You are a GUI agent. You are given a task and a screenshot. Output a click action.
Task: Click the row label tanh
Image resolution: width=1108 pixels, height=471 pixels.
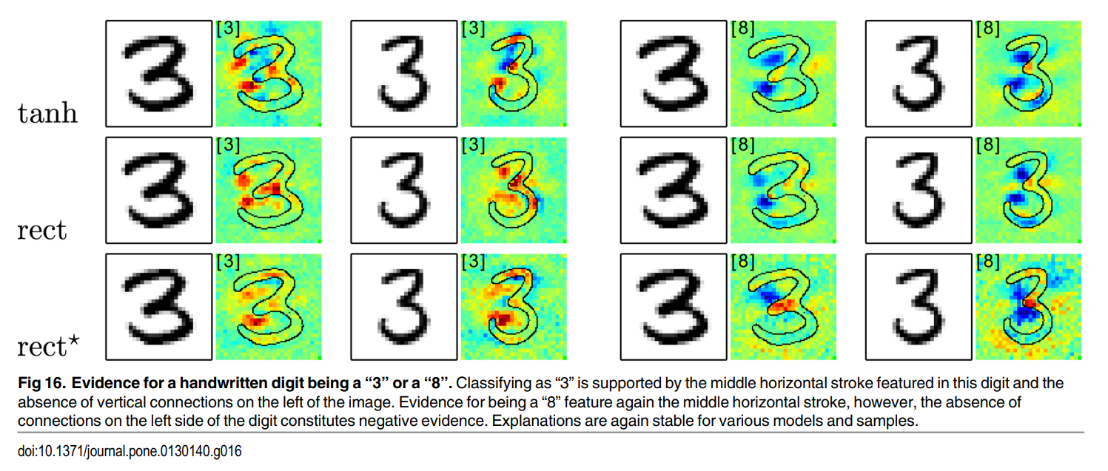47,113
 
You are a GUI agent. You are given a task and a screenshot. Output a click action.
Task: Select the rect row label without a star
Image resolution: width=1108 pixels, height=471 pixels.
42,230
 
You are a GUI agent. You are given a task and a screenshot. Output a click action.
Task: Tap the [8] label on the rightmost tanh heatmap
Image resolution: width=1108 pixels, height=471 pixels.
988,29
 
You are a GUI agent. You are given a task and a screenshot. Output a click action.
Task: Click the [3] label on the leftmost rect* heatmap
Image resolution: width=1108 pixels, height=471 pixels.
227,261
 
